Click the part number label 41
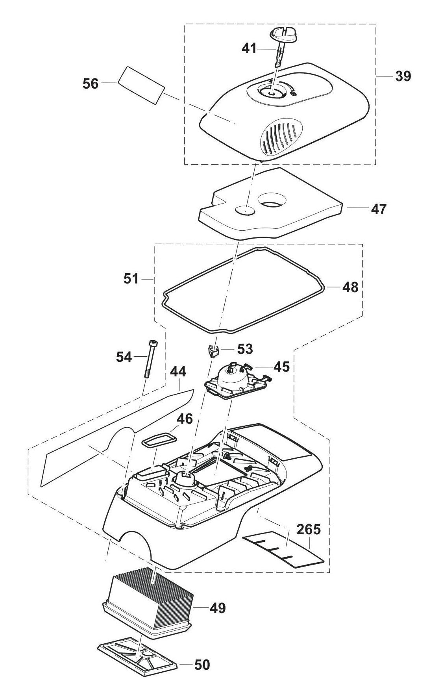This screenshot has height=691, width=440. [x=248, y=48]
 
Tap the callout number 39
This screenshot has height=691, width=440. [x=403, y=76]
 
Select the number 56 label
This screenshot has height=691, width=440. [x=91, y=83]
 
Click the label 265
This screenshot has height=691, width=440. [x=309, y=530]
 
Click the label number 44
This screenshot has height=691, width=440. [x=178, y=372]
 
